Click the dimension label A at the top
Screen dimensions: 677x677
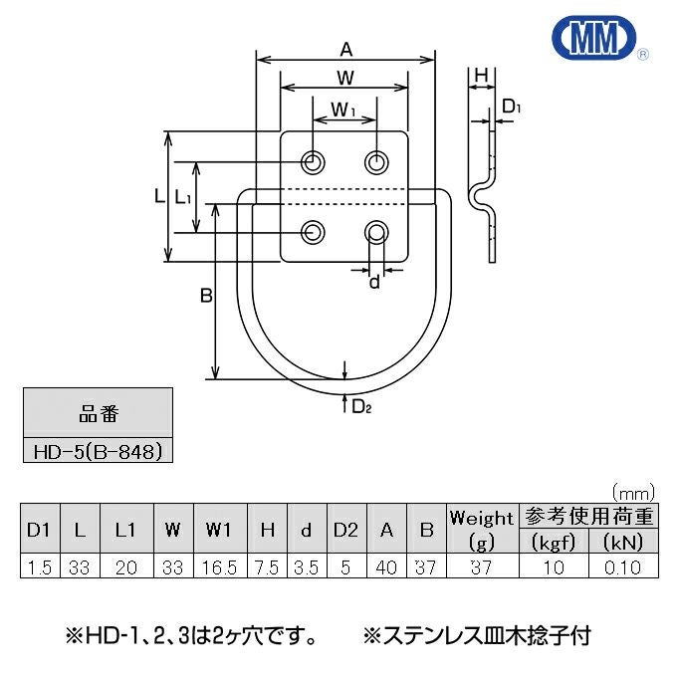click(x=346, y=48)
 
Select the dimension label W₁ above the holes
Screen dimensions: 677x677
click(x=343, y=111)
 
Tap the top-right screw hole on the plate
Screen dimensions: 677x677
click(x=376, y=161)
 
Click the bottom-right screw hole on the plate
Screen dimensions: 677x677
click(x=376, y=233)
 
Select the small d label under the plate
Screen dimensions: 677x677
click(x=375, y=282)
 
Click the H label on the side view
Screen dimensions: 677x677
click(x=481, y=76)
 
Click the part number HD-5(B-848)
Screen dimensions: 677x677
click(x=97, y=450)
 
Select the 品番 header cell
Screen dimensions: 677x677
click(x=97, y=411)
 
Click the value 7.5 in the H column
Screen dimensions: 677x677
click(x=267, y=567)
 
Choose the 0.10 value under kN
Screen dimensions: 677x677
click(x=621, y=567)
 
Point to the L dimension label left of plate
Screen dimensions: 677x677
click(x=159, y=198)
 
